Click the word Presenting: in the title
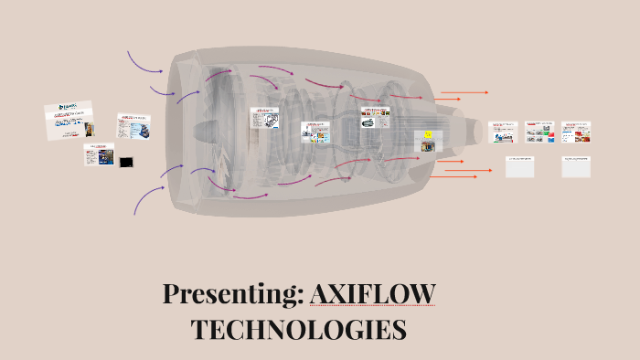[232, 294]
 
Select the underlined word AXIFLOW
[372, 294]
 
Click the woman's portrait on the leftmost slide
[89, 129]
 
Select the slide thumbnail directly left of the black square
[99, 155]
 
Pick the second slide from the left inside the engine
[315, 132]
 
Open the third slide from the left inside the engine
[373, 117]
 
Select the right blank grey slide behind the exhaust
[576, 166]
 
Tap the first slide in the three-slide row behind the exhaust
[503, 132]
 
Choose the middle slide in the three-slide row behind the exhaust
[539, 132]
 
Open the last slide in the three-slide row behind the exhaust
[575, 132]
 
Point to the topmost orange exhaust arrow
[464, 92]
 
